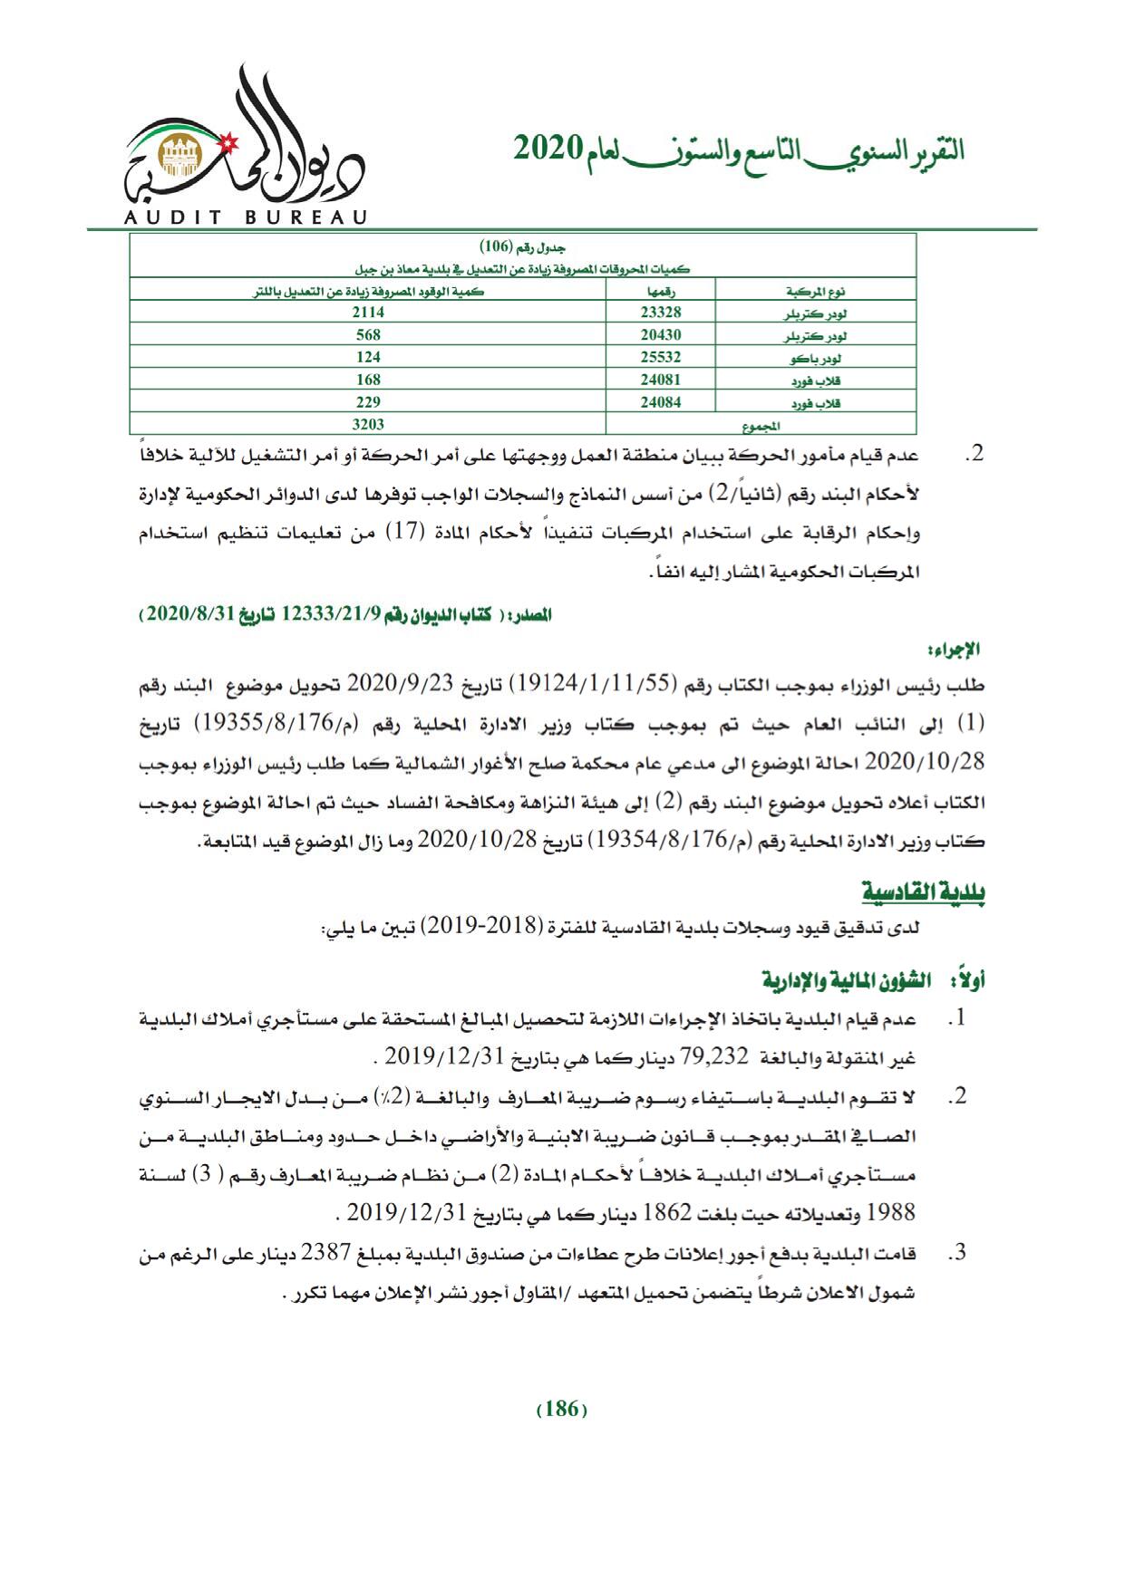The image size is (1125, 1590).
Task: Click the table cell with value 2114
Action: tap(369, 312)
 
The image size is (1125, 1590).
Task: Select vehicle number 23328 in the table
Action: tap(659, 312)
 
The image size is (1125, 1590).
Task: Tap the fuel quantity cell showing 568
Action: tap(369, 334)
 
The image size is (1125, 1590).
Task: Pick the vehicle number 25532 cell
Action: tap(659, 357)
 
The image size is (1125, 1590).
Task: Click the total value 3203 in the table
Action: tap(369, 424)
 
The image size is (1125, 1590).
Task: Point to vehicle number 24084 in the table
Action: tap(659, 402)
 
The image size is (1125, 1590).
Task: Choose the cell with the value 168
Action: tap(369, 380)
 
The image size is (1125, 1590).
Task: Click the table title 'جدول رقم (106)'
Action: tap(523, 247)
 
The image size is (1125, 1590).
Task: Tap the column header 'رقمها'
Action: tap(659, 291)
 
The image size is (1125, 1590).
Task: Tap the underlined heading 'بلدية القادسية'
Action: tap(923, 893)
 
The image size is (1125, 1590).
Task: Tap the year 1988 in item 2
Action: tap(892, 1212)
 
